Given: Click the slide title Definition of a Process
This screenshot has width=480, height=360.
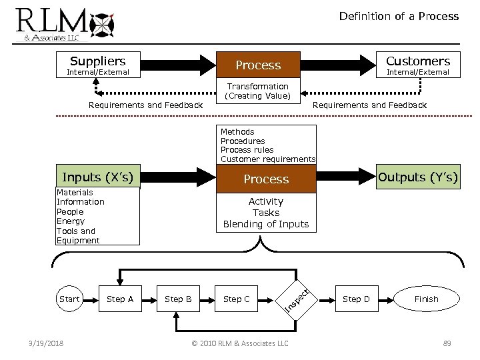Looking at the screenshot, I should pyautogui.click(x=399, y=16).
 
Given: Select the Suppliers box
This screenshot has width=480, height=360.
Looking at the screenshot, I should pyautogui.click(x=98, y=64).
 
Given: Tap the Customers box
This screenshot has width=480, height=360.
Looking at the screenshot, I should pyautogui.click(x=418, y=65).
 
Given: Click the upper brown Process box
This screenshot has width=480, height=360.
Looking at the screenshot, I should pyautogui.click(x=258, y=65).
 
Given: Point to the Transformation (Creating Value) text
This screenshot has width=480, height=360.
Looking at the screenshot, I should pyautogui.click(x=258, y=91).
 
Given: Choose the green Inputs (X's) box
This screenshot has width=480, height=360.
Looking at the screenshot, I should pyautogui.click(x=97, y=177).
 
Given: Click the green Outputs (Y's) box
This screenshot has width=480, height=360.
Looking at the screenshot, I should pyautogui.click(x=418, y=177).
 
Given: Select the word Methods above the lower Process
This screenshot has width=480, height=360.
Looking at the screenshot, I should pyautogui.click(x=237, y=132).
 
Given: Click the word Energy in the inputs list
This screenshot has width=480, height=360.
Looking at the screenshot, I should pyautogui.click(x=71, y=221).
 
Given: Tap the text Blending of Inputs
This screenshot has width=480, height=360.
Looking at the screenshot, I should pyautogui.click(x=266, y=224).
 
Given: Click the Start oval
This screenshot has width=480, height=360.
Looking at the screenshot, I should pyautogui.click(x=69, y=299).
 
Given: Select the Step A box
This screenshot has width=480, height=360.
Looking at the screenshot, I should pyautogui.click(x=120, y=299).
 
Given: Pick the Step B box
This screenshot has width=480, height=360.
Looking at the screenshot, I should pyautogui.click(x=178, y=299).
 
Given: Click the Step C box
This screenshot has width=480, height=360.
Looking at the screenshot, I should pyautogui.click(x=237, y=299).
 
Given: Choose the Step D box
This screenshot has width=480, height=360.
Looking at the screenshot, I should pyautogui.click(x=356, y=299).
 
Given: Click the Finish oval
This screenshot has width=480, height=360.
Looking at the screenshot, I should pyautogui.click(x=426, y=299).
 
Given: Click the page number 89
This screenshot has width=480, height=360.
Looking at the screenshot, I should pyautogui.click(x=447, y=343).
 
